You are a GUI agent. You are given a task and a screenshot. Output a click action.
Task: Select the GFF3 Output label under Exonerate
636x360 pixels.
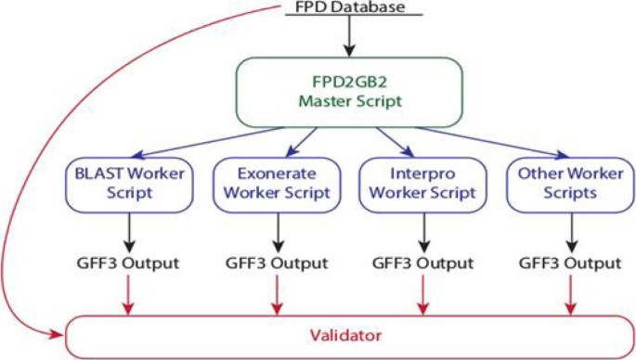pyautogui.click(x=276, y=263)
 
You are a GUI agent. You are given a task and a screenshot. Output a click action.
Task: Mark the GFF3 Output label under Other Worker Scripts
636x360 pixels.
pyautogui.click(x=567, y=263)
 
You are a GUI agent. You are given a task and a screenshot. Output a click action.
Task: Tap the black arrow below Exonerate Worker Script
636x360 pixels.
pyautogui.click(x=276, y=232)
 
